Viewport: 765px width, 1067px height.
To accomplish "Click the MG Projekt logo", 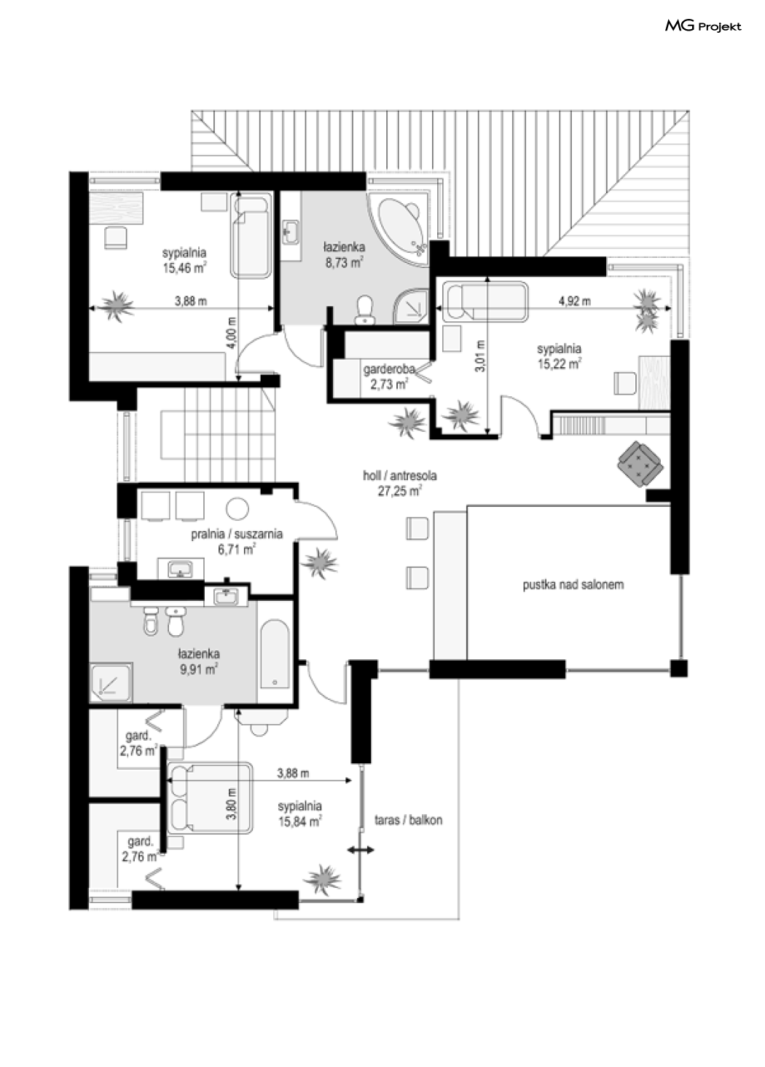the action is pyautogui.click(x=702, y=27).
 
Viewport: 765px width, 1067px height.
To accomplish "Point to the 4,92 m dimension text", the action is pyautogui.click(x=574, y=301).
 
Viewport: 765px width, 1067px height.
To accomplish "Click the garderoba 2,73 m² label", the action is pyautogui.click(x=388, y=377).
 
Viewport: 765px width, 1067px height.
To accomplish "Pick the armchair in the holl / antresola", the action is pyautogui.click(x=640, y=464).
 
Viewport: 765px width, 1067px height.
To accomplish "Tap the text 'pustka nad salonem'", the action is pyautogui.click(x=573, y=585).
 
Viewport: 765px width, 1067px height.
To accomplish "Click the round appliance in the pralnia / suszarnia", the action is pyautogui.click(x=238, y=508).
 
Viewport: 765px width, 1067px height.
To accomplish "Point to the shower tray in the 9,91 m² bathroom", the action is pyautogui.click(x=111, y=682).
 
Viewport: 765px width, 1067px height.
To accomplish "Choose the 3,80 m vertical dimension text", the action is pyautogui.click(x=232, y=803).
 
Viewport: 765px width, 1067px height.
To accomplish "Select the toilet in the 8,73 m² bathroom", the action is pyautogui.click(x=365, y=310).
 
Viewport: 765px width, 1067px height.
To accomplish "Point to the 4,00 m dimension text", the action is pyautogui.click(x=232, y=334).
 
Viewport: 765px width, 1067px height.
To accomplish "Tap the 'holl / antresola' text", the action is pyautogui.click(x=400, y=476).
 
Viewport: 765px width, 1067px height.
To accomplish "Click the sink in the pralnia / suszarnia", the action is pyautogui.click(x=181, y=569).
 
